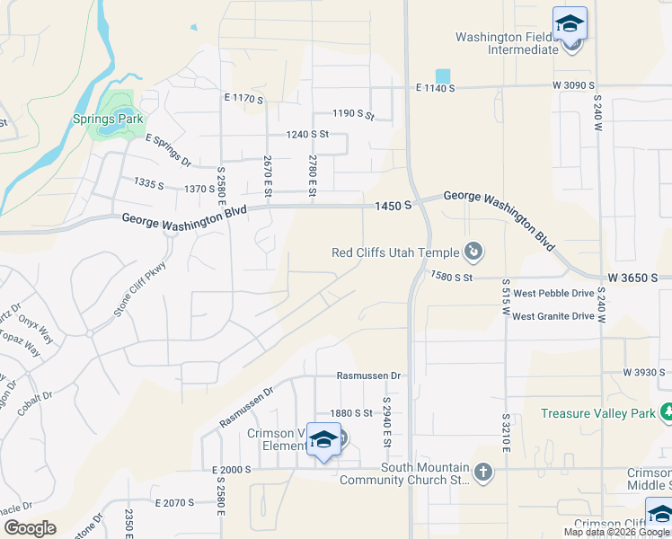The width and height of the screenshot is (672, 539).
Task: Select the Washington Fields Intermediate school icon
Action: coord(570,24)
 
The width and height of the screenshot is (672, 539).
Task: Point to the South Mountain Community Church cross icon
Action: coord(483,473)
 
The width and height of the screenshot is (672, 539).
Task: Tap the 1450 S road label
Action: coord(393,206)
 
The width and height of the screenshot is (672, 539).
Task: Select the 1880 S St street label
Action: coord(351,413)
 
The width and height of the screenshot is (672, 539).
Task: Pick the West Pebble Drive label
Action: coord(553,293)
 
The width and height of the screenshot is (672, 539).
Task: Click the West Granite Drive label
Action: coord(553,315)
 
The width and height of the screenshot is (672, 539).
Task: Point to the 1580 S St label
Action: coord(451,278)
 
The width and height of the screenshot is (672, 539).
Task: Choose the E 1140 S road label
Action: coord(436,88)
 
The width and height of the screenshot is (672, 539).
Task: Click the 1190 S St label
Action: coord(352,115)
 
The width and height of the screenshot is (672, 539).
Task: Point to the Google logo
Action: coord(29,527)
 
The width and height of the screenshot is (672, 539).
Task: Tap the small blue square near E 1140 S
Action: coord(441,75)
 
